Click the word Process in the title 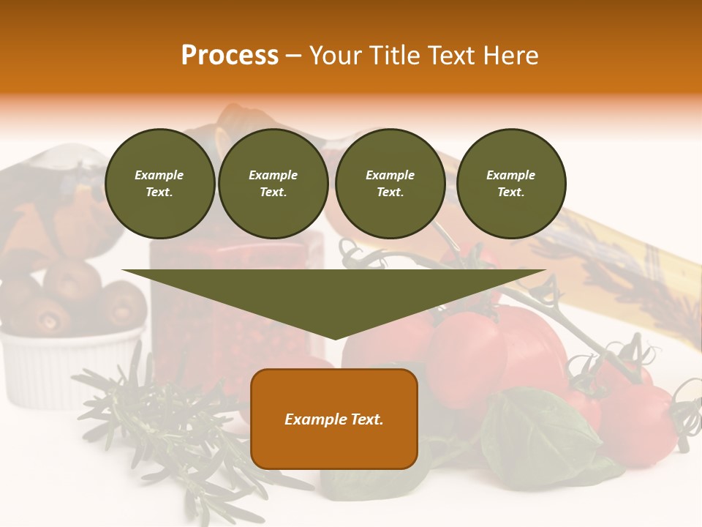(x=230, y=56)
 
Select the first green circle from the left (x=159, y=184)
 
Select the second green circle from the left (x=273, y=184)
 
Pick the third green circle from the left (x=390, y=184)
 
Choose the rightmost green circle (x=510, y=184)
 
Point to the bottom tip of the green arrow (x=335, y=339)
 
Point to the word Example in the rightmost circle (x=510, y=175)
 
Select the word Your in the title (x=336, y=56)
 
